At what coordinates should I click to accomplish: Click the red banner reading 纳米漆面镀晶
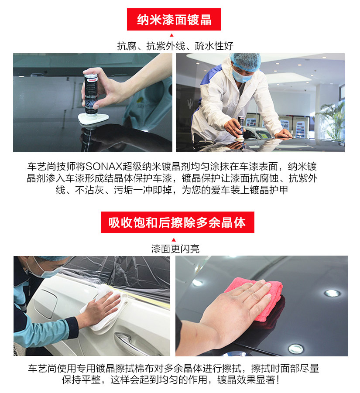174,19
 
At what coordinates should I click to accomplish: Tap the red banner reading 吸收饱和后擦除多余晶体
178,222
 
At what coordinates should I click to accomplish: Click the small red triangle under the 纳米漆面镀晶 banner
172,35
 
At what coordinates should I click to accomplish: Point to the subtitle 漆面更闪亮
175,249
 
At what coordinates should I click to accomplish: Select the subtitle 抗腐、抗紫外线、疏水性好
175,46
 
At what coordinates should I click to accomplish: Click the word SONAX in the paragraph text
104,167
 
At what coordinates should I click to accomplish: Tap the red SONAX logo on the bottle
92,80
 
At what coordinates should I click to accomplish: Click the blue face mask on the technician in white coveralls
241,76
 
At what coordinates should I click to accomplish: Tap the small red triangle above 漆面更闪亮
174,240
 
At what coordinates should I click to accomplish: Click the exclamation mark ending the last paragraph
278,380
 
